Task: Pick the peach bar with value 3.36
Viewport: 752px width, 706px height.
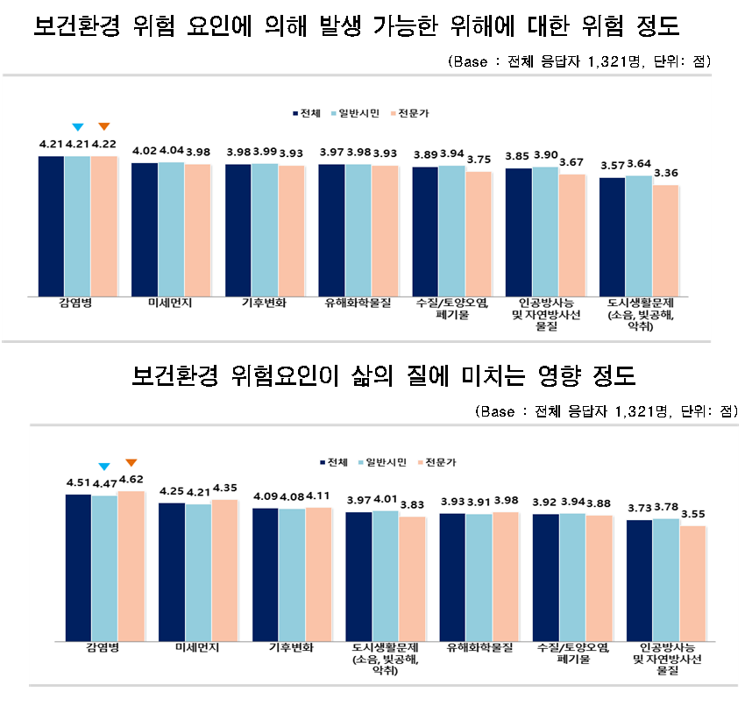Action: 664,239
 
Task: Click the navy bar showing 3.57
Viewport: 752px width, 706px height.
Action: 612,235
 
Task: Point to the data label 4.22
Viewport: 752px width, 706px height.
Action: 104,144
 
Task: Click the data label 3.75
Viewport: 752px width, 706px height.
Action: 479,160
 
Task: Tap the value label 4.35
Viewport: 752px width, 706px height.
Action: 225,488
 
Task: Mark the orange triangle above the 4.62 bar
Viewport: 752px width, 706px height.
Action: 131,462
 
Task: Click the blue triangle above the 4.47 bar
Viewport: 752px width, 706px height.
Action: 104,466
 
